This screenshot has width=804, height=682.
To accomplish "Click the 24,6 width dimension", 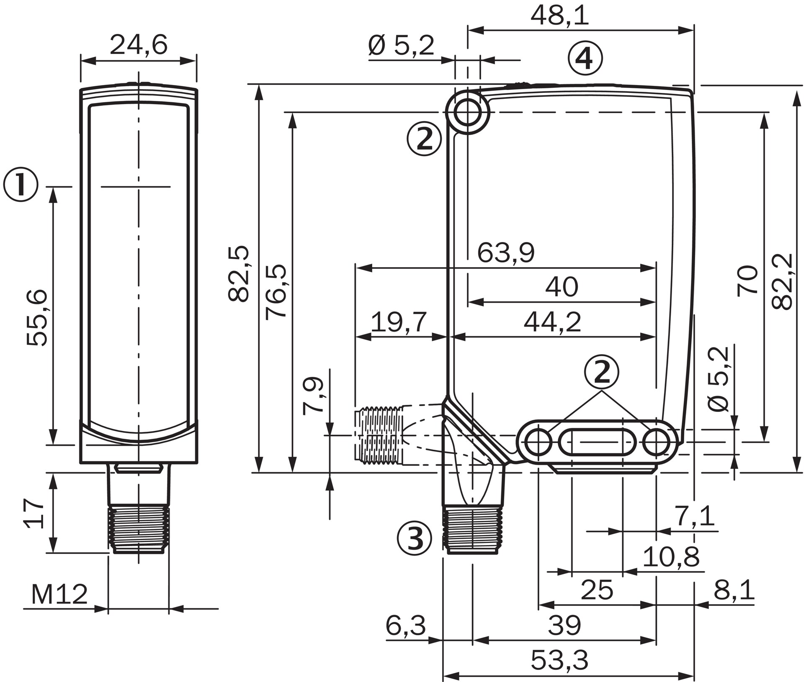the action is click(139, 45).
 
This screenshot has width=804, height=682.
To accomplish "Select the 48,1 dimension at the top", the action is click(559, 16).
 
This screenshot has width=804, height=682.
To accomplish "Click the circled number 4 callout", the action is click(585, 59).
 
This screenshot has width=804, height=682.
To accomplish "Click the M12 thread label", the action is click(59, 594).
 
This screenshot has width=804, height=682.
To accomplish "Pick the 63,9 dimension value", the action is click(506, 253).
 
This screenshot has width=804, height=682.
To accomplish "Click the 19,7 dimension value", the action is click(399, 322).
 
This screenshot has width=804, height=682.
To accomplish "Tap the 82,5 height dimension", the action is click(239, 273).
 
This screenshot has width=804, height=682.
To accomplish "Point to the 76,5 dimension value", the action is click(276, 292).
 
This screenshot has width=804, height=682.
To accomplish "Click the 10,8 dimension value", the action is click(671, 556).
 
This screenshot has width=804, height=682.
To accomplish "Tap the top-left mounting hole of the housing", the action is click(467, 112).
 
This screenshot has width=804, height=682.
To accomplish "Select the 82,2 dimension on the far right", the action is click(781, 281).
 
